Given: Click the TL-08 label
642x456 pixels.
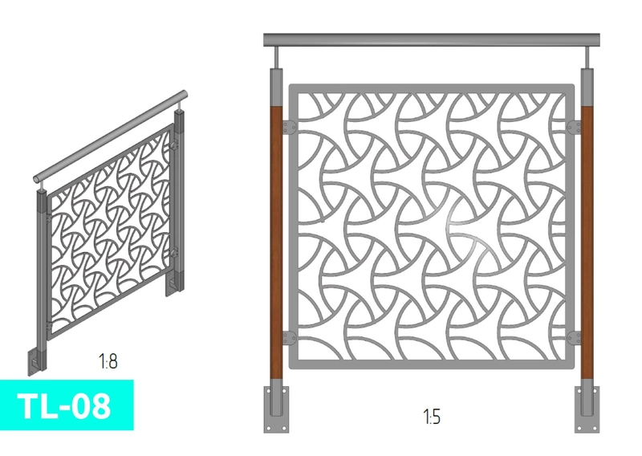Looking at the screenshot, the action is coord(64,405).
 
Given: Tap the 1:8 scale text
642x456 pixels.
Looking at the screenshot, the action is coord(108,361).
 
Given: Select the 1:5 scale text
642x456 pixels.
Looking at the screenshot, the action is coord(432,417).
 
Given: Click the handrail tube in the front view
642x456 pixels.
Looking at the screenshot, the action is coord(432,40).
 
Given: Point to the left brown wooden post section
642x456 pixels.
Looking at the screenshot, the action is coord(276,242).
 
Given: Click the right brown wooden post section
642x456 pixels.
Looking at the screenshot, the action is coord(587,242).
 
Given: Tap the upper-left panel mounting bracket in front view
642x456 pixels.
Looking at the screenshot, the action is coord(290,127).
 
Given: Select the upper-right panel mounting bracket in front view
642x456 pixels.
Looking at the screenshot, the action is coord(574,127).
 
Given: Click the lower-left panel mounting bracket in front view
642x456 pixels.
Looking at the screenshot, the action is coord(290,338).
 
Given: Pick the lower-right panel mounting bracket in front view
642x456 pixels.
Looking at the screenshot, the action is coord(574,338).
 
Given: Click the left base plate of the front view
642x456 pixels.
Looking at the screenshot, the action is coord(276,409).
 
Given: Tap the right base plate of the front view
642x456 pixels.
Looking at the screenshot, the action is coord(587,409).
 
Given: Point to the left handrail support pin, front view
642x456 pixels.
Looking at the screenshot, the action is coord(276,57).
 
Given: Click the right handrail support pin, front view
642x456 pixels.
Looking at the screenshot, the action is coord(587,57).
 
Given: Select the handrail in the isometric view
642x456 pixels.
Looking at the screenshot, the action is coord(110,136).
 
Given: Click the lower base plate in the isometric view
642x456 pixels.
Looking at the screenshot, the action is coord(36,363).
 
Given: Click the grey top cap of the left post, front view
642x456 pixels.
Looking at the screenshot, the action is coord(276,88).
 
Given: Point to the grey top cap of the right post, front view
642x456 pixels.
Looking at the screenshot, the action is coord(587,88).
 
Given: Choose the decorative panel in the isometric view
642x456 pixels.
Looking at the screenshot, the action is coord(109,232).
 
